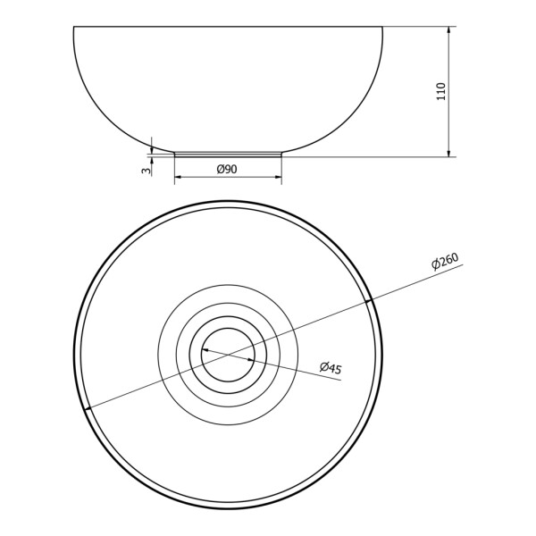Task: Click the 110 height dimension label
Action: coord(440,91)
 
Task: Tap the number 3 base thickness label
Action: coord(144,168)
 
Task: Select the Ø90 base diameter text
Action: coord(227,169)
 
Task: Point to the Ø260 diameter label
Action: coord(444,262)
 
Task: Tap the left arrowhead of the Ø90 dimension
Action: coord(177,176)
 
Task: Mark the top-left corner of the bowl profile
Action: coord(73,27)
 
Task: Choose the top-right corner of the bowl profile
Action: coord(382,27)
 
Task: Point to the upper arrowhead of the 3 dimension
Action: coord(153,149)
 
